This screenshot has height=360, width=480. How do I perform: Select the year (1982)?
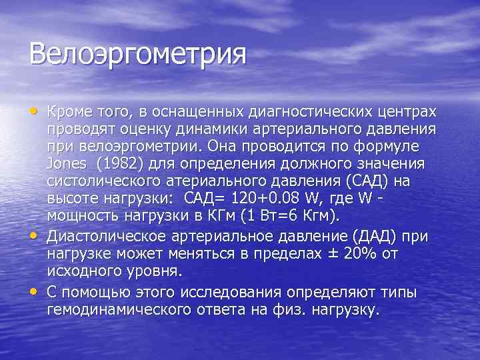121,163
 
